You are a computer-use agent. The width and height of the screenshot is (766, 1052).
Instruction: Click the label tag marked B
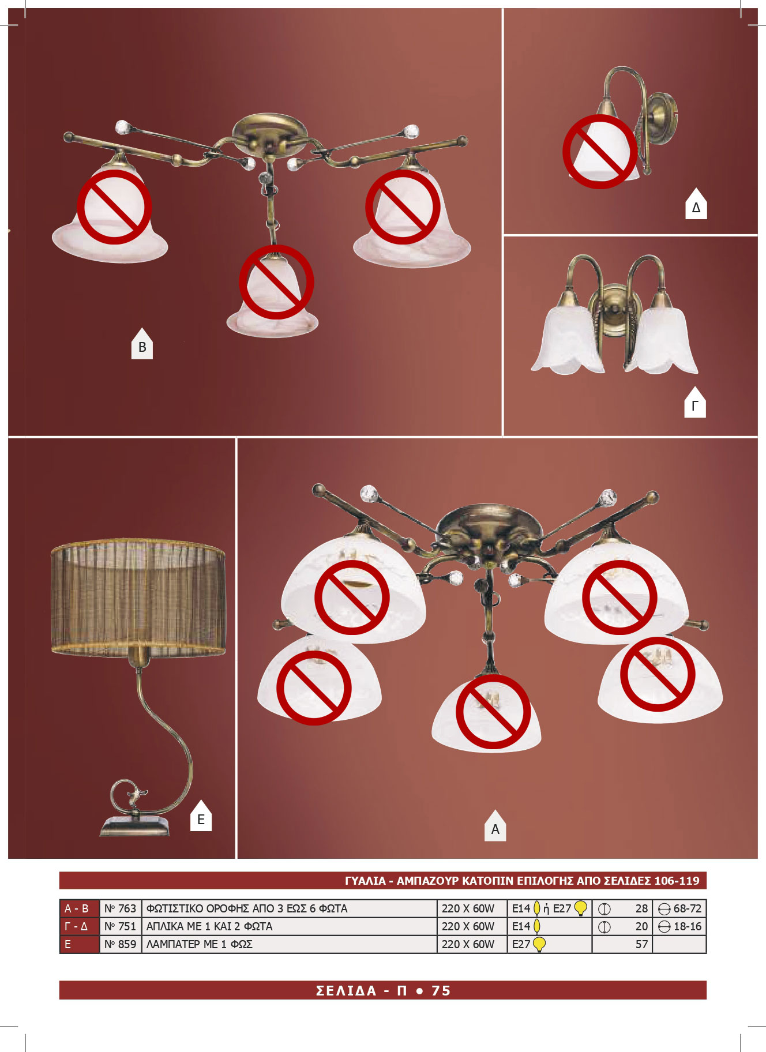[x=142, y=344]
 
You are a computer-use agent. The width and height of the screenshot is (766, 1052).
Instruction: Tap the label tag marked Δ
[x=696, y=204]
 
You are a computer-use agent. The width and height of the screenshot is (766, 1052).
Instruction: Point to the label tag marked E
[x=201, y=816]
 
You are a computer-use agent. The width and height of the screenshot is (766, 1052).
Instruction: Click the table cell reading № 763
[x=121, y=908]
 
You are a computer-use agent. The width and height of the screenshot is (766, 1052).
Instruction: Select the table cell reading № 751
[x=121, y=926]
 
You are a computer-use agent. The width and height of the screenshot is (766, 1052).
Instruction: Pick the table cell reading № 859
[x=121, y=944]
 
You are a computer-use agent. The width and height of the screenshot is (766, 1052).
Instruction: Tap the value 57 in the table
[x=641, y=944]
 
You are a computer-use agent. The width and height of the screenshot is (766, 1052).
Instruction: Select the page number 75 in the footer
[x=441, y=990]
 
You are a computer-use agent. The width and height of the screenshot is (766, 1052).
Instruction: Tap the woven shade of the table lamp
[x=138, y=597]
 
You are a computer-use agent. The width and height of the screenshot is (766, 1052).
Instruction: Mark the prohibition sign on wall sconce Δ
[x=600, y=152]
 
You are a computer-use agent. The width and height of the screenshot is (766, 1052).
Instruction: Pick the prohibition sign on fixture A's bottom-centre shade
[x=493, y=712]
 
